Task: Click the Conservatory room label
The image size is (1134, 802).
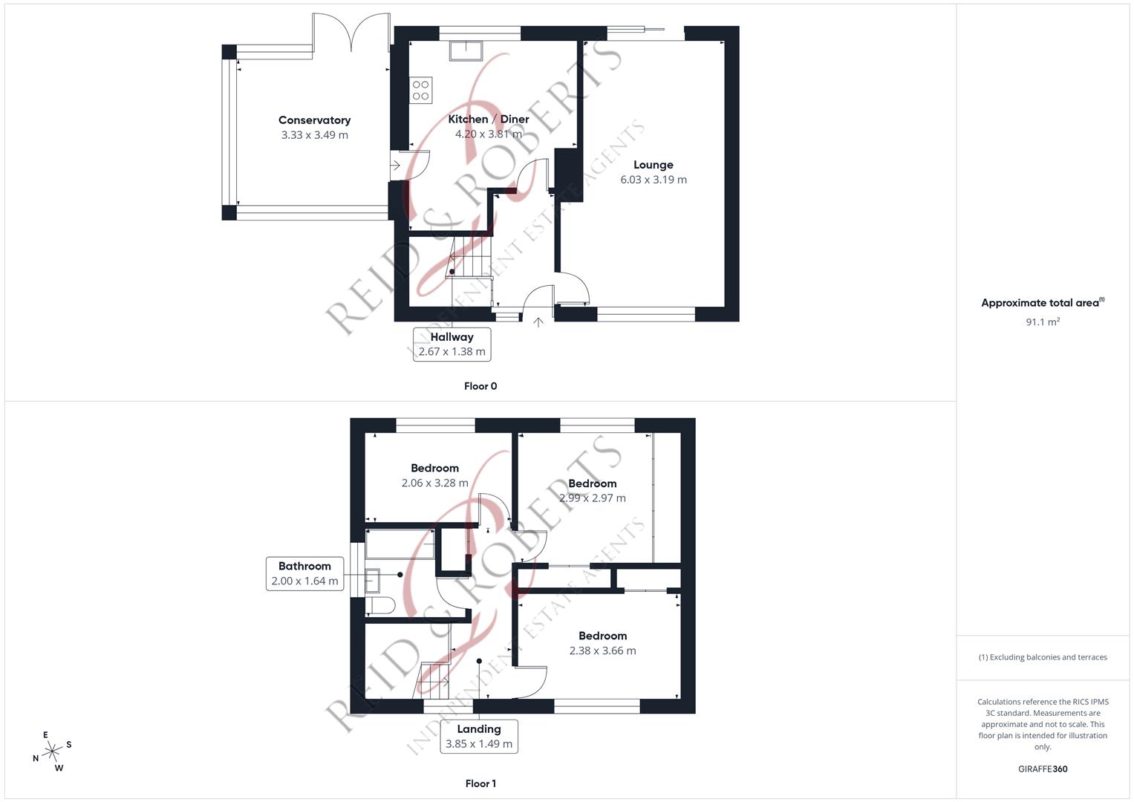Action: pos(314,120)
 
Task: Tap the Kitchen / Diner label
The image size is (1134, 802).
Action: pos(489,120)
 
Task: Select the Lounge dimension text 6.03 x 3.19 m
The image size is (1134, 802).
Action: pos(654,180)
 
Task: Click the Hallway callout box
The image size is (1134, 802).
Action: pos(452,345)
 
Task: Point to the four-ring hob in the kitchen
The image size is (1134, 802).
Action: pos(421,91)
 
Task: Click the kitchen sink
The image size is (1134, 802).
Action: pos(466,50)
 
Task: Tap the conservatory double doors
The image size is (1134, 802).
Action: pos(351,33)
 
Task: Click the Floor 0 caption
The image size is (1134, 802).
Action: pos(480,386)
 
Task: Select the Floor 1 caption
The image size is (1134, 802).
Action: pos(480,783)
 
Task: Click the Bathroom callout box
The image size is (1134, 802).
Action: pos(304,573)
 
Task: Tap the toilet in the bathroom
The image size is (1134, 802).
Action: pos(380,606)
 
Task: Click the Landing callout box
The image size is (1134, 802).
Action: pos(479,736)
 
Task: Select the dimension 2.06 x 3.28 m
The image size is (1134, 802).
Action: pos(434,483)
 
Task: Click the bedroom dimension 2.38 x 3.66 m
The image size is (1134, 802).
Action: pos(602,651)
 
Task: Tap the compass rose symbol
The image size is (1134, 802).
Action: pos(51,752)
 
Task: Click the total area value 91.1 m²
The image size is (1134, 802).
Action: pos(1043,322)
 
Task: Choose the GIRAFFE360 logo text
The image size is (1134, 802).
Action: pos(1043,769)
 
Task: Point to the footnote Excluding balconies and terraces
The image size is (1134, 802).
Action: pos(1043,657)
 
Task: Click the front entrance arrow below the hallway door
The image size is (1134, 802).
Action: pos(538,322)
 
